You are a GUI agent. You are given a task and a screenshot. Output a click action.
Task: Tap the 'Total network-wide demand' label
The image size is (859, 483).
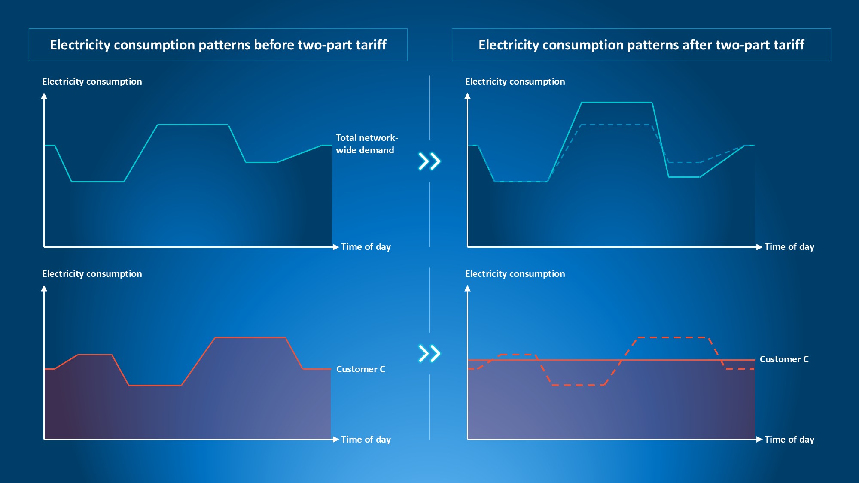(366, 144)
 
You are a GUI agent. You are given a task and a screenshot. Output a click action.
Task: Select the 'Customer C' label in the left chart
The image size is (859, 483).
(360, 369)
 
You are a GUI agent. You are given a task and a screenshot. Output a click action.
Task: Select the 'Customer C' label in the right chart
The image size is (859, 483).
(784, 359)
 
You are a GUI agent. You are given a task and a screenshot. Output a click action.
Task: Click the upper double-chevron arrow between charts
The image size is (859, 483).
(429, 161)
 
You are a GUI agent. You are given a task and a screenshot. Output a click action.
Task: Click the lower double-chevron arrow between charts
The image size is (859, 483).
(429, 354)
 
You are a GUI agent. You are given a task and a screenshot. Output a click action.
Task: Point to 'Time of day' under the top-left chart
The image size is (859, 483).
(366, 247)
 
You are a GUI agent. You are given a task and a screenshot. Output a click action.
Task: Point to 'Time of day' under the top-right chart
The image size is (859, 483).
(789, 247)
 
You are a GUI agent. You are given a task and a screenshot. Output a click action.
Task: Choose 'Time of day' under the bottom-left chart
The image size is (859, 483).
(366, 440)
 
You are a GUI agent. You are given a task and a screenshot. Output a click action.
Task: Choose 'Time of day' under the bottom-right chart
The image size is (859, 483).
(789, 440)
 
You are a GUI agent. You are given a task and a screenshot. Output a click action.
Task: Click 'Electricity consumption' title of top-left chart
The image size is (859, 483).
(92, 82)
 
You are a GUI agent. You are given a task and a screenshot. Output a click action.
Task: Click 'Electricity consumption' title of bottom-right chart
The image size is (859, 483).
(515, 274)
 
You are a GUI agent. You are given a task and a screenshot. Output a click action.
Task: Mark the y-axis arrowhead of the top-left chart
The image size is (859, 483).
(44, 96)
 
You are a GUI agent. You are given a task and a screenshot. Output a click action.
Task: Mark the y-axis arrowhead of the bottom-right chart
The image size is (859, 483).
(468, 289)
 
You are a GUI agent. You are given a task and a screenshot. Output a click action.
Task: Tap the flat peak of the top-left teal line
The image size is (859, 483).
(193, 125)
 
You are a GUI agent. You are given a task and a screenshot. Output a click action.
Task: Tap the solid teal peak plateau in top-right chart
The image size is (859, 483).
(616, 103)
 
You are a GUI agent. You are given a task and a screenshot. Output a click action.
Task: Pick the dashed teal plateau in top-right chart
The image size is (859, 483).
(616, 125)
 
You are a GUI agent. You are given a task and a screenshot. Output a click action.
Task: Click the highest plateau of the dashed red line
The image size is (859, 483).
(673, 338)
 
